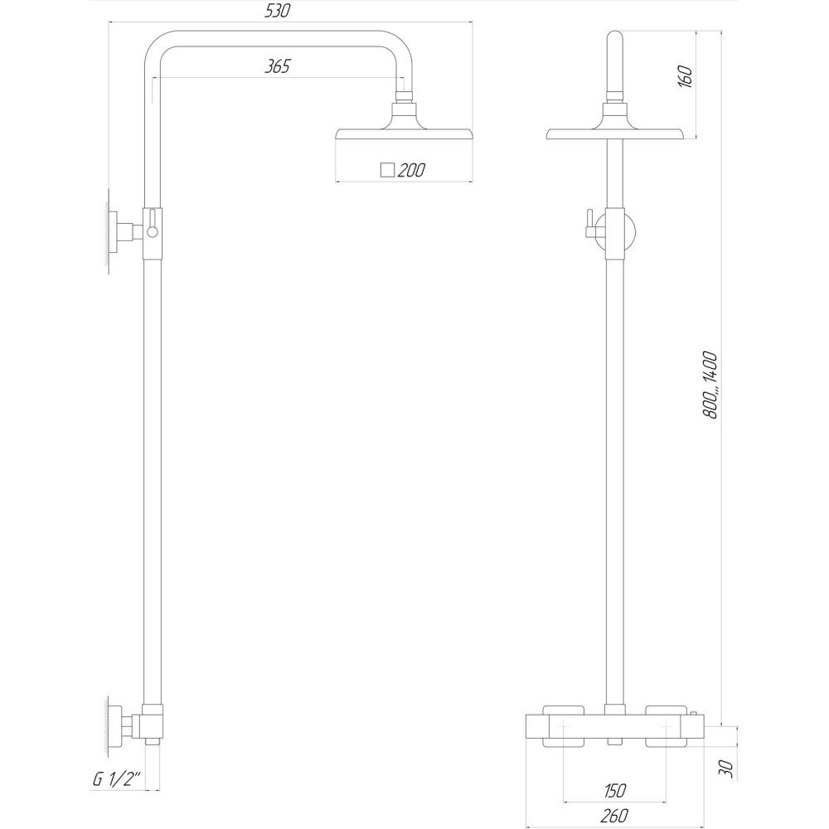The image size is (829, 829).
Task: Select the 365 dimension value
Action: pyautogui.click(x=277, y=67)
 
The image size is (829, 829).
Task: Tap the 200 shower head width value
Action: pyautogui.click(x=411, y=171)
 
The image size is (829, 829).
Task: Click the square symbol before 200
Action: pyautogui.click(x=386, y=171)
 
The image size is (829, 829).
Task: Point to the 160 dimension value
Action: pyautogui.click(x=684, y=76)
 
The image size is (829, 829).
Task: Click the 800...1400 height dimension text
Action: pyautogui.click(x=710, y=384)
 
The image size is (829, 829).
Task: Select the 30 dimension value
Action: pyautogui.click(x=726, y=769)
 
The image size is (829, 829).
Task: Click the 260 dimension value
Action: pyautogui.click(x=614, y=817)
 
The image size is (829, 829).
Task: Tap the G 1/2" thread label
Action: pyautogui.click(x=116, y=780)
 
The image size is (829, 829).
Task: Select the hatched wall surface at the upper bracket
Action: pyautogui.click(x=109, y=231)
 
